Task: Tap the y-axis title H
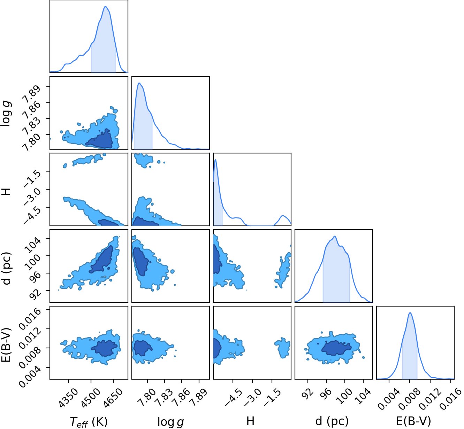[7, 192]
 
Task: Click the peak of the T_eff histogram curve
[106, 6]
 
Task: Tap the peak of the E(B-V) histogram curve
[410, 313]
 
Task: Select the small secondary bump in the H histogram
[283, 216]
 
